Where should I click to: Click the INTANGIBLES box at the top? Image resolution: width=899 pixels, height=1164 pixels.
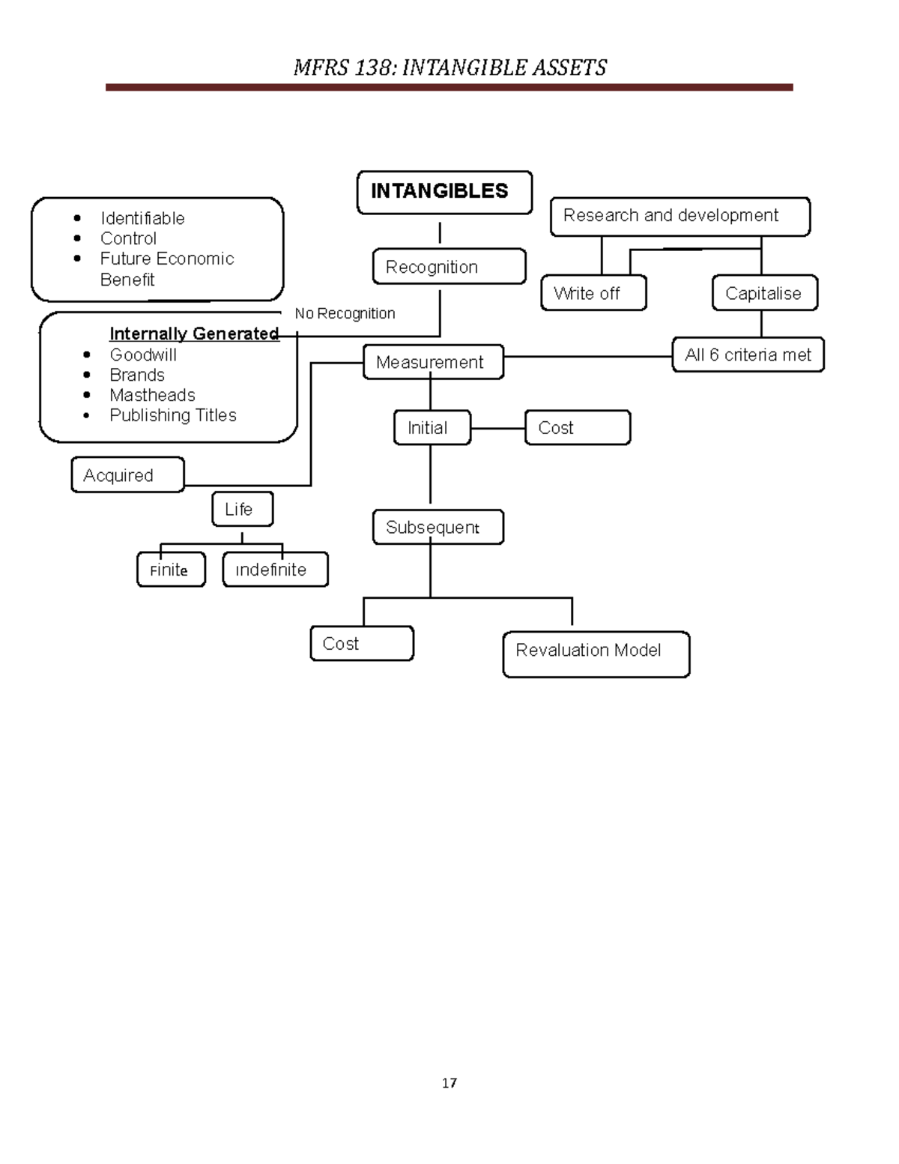[x=444, y=192]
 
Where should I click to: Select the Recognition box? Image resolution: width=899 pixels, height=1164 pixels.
[x=449, y=267]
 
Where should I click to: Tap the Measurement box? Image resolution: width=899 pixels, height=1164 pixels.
[x=433, y=362]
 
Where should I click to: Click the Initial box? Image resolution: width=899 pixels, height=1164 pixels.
[x=432, y=428]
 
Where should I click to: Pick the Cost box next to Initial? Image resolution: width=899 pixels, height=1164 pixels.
[x=577, y=428]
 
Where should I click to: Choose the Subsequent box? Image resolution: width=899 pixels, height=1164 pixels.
[x=438, y=527]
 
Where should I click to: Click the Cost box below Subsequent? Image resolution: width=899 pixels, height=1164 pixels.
[x=362, y=644]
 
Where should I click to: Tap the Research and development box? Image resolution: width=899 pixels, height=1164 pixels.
[x=679, y=217]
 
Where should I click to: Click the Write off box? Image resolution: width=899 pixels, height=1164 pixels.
[x=593, y=293]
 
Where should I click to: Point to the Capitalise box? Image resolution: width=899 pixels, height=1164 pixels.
[x=764, y=293]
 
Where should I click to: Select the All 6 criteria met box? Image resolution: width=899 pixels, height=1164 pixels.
[x=748, y=355]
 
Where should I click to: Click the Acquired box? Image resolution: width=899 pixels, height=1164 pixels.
[x=127, y=475]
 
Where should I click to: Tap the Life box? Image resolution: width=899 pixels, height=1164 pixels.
[x=242, y=509]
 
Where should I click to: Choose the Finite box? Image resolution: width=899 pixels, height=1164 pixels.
[x=171, y=570]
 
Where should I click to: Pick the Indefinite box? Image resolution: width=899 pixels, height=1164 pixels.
[x=275, y=570]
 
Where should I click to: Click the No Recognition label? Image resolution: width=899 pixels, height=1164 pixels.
[x=345, y=313]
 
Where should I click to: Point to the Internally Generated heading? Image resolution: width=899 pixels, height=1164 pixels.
[x=194, y=334]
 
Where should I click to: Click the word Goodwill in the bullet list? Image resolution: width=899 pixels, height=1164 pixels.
[x=143, y=355]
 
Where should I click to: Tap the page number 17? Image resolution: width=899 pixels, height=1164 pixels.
[x=449, y=1083]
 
